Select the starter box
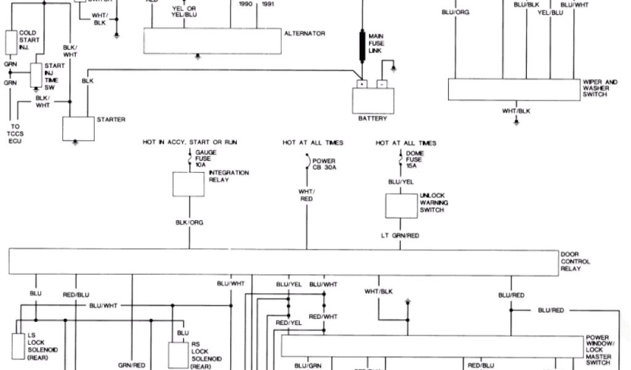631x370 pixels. click(76, 128)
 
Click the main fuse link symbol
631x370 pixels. click(363, 44)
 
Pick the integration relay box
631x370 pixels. click(189, 184)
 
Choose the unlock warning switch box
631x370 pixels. click(401, 205)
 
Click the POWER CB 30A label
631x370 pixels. click(324, 165)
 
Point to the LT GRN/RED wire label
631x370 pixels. click(401, 235)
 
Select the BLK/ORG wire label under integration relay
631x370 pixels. click(189, 222)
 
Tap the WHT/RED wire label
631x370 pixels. click(306, 195)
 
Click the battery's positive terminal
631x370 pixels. click(362, 83)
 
